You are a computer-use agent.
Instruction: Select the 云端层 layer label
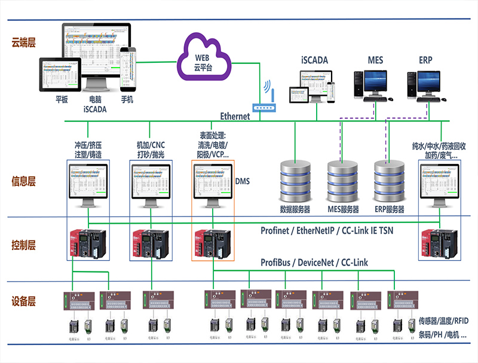24,43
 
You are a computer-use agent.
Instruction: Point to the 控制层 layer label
24,245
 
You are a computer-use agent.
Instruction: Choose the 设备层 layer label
24,301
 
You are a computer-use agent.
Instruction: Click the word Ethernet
235,116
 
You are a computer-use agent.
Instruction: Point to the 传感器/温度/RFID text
443,321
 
